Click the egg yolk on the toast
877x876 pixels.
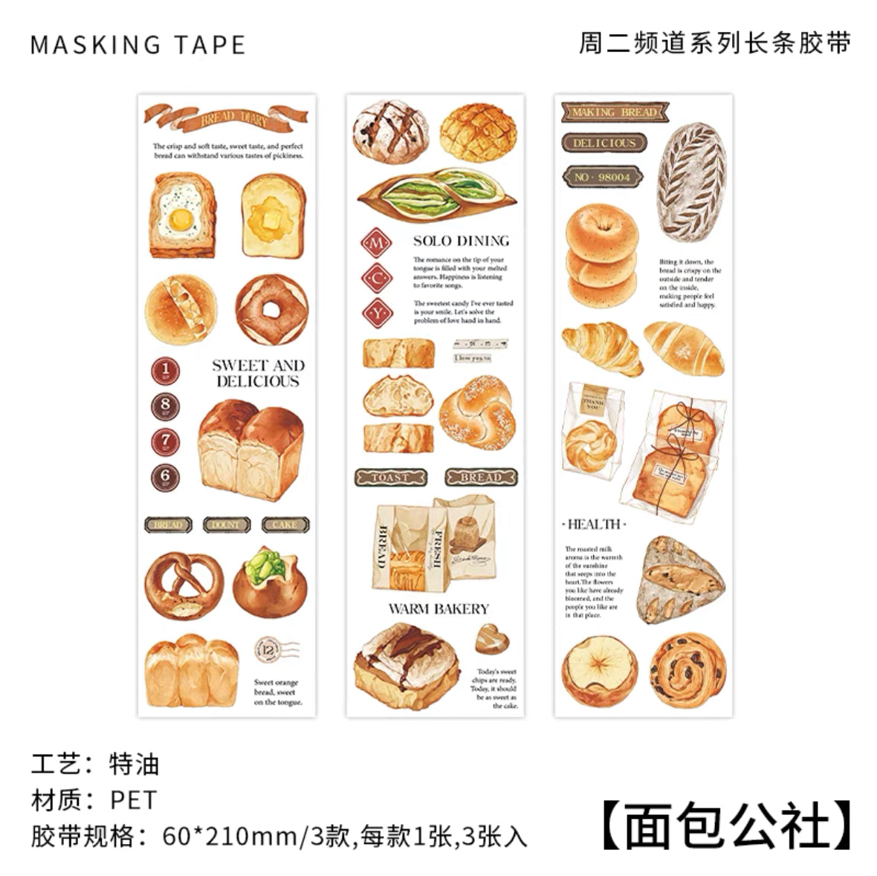coord(181,218)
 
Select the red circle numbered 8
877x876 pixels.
coord(166,406)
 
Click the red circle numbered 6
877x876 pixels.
coord(166,477)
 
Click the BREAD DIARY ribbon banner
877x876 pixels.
coord(226,117)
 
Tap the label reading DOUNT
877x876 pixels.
coord(226,525)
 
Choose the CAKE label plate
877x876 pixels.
coord(285,525)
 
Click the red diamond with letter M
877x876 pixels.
coord(376,243)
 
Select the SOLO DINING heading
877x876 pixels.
coord(461,241)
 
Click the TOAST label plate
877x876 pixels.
coord(390,477)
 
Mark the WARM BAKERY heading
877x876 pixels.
coord(438,609)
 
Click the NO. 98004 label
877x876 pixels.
coord(602,177)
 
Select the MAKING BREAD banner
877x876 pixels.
coord(615,112)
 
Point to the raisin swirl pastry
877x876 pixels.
coord(686,668)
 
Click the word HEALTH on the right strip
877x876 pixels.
coord(594,524)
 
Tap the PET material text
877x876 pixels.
coord(134,799)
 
